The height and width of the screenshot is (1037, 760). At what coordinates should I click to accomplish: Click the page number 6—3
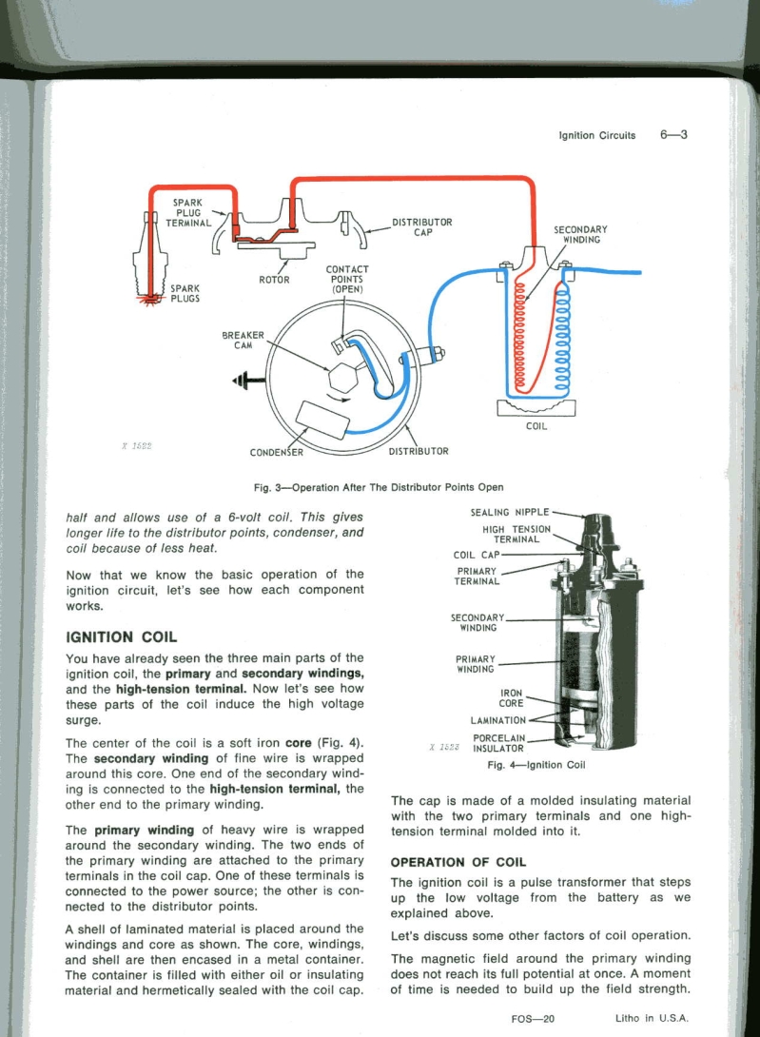click(x=672, y=134)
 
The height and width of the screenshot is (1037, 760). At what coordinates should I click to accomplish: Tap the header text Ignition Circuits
click(x=596, y=135)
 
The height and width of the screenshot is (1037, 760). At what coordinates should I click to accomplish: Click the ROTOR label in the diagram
click(x=274, y=280)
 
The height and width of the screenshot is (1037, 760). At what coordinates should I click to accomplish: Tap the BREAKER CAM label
click(x=243, y=340)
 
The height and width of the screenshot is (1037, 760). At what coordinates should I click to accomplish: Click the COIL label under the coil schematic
click(x=536, y=426)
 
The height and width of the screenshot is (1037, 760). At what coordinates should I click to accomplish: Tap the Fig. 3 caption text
click(x=379, y=487)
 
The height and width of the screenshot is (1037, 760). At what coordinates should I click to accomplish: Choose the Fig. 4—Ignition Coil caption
click(x=536, y=764)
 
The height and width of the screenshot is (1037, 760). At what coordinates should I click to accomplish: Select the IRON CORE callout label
click(x=512, y=697)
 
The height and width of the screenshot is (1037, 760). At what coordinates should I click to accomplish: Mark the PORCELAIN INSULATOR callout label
click(x=492, y=742)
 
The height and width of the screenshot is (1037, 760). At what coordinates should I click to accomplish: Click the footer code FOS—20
click(x=532, y=1018)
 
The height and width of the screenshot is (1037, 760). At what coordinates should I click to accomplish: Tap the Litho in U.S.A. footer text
click(x=652, y=1018)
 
